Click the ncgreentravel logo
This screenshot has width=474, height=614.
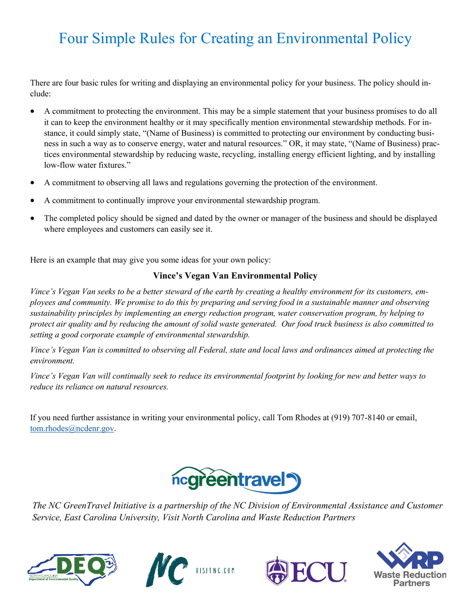click(236, 480)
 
